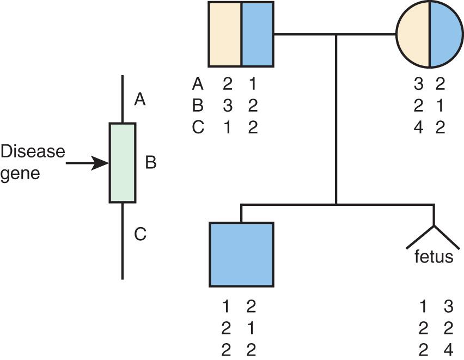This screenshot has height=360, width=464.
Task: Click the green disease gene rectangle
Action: click(x=122, y=163)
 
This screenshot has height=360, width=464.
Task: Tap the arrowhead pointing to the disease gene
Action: click(x=100, y=162)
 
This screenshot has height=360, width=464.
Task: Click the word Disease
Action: click(x=32, y=151)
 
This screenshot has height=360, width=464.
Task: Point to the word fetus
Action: click(x=433, y=256)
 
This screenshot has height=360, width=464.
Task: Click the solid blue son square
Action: click(x=241, y=254)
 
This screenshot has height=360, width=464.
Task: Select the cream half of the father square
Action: click(x=225, y=34)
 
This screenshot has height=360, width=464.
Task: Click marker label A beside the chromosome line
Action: click(x=139, y=100)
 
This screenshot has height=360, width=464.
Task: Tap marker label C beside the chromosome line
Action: click(x=140, y=235)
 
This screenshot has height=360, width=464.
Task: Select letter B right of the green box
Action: click(x=151, y=162)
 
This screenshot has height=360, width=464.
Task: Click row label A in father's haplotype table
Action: click(x=198, y=84)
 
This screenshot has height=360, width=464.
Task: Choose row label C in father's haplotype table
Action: click(x=198, y=127)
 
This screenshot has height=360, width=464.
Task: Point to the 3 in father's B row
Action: click(x=227, y=106)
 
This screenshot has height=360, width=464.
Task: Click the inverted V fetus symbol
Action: click(x=433, y=234)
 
